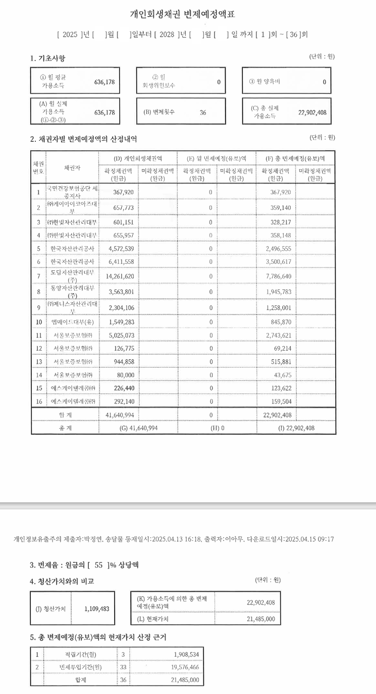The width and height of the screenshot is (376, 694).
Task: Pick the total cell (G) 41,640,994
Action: click(x=138, y=428)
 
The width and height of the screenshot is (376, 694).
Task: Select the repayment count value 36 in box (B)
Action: click(x=202, y=112)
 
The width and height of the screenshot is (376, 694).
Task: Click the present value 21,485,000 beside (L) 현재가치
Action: click(x=261, y=619)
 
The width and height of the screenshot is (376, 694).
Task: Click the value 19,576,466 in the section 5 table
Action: click(x=185, y=667)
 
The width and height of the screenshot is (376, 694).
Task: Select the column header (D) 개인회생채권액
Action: click(x=138, y=158)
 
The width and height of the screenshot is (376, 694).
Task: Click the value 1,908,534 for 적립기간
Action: click(x=185, y=654)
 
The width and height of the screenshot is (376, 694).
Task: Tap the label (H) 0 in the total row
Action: click(x=218, y=428)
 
